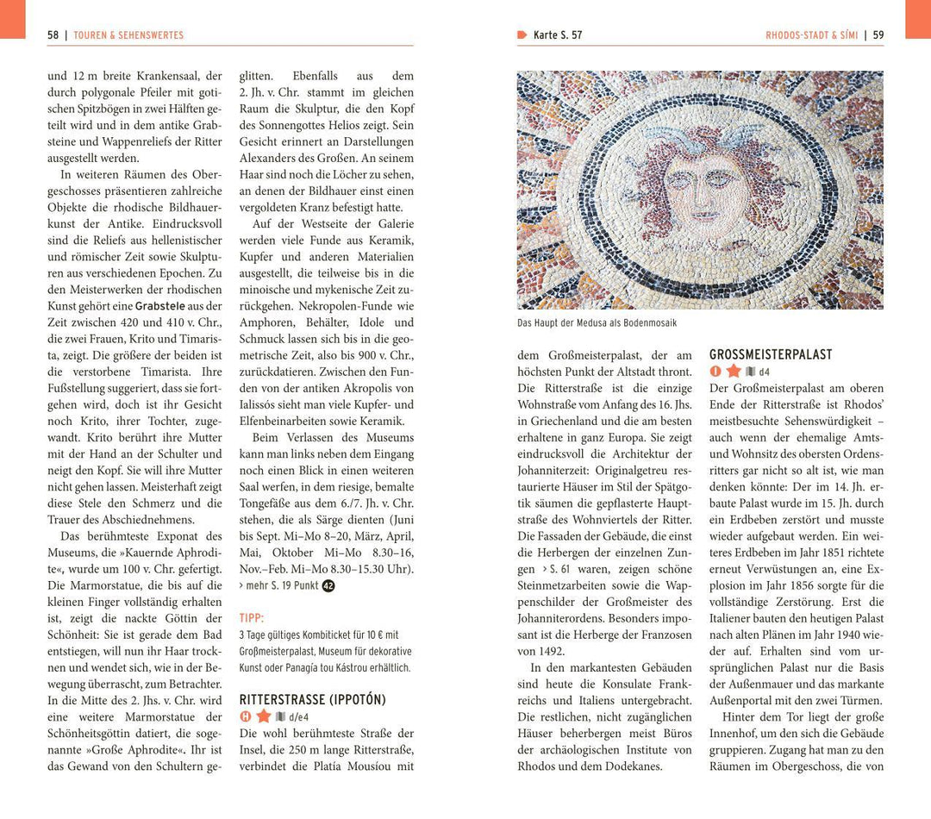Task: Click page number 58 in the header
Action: pyautogui.click(x=53, y=35)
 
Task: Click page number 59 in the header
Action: pyautogui.click(x=878, y=35)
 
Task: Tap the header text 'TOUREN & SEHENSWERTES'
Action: pyautogui.click(x=128, y=35)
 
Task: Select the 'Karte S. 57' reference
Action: pyautogui.click(x=558, y=35)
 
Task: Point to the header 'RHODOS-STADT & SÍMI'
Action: pyautogui.click(x=811, y=35)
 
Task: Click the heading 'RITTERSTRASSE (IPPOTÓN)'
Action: pyautogui.click(x=312, y=699)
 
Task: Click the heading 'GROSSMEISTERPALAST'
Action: pyautogui.click(x=771, y=354)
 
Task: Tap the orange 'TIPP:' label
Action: pyautogui.click(x=252, y=618)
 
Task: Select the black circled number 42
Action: pyautogui.click(x=328, y=586)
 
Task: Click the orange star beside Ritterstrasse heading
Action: pyautogui.click(x=264, y=716)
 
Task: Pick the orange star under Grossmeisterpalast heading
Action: pyautogui.click(x=734, y=372)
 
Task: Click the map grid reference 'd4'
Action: pyautogui.click(x=764, y=372)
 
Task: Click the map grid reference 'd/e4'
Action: pyautogui.click(x=298, y=717)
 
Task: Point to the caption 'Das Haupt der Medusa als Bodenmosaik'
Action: pyautogui.click(x=597, y=323)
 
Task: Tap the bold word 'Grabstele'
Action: pyautogui.click(x=161, y=306)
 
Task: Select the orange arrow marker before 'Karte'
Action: pyautogui.click(x=522, y=35)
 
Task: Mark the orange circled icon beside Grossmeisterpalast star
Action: pyautogui.click(x=715, y=372)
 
